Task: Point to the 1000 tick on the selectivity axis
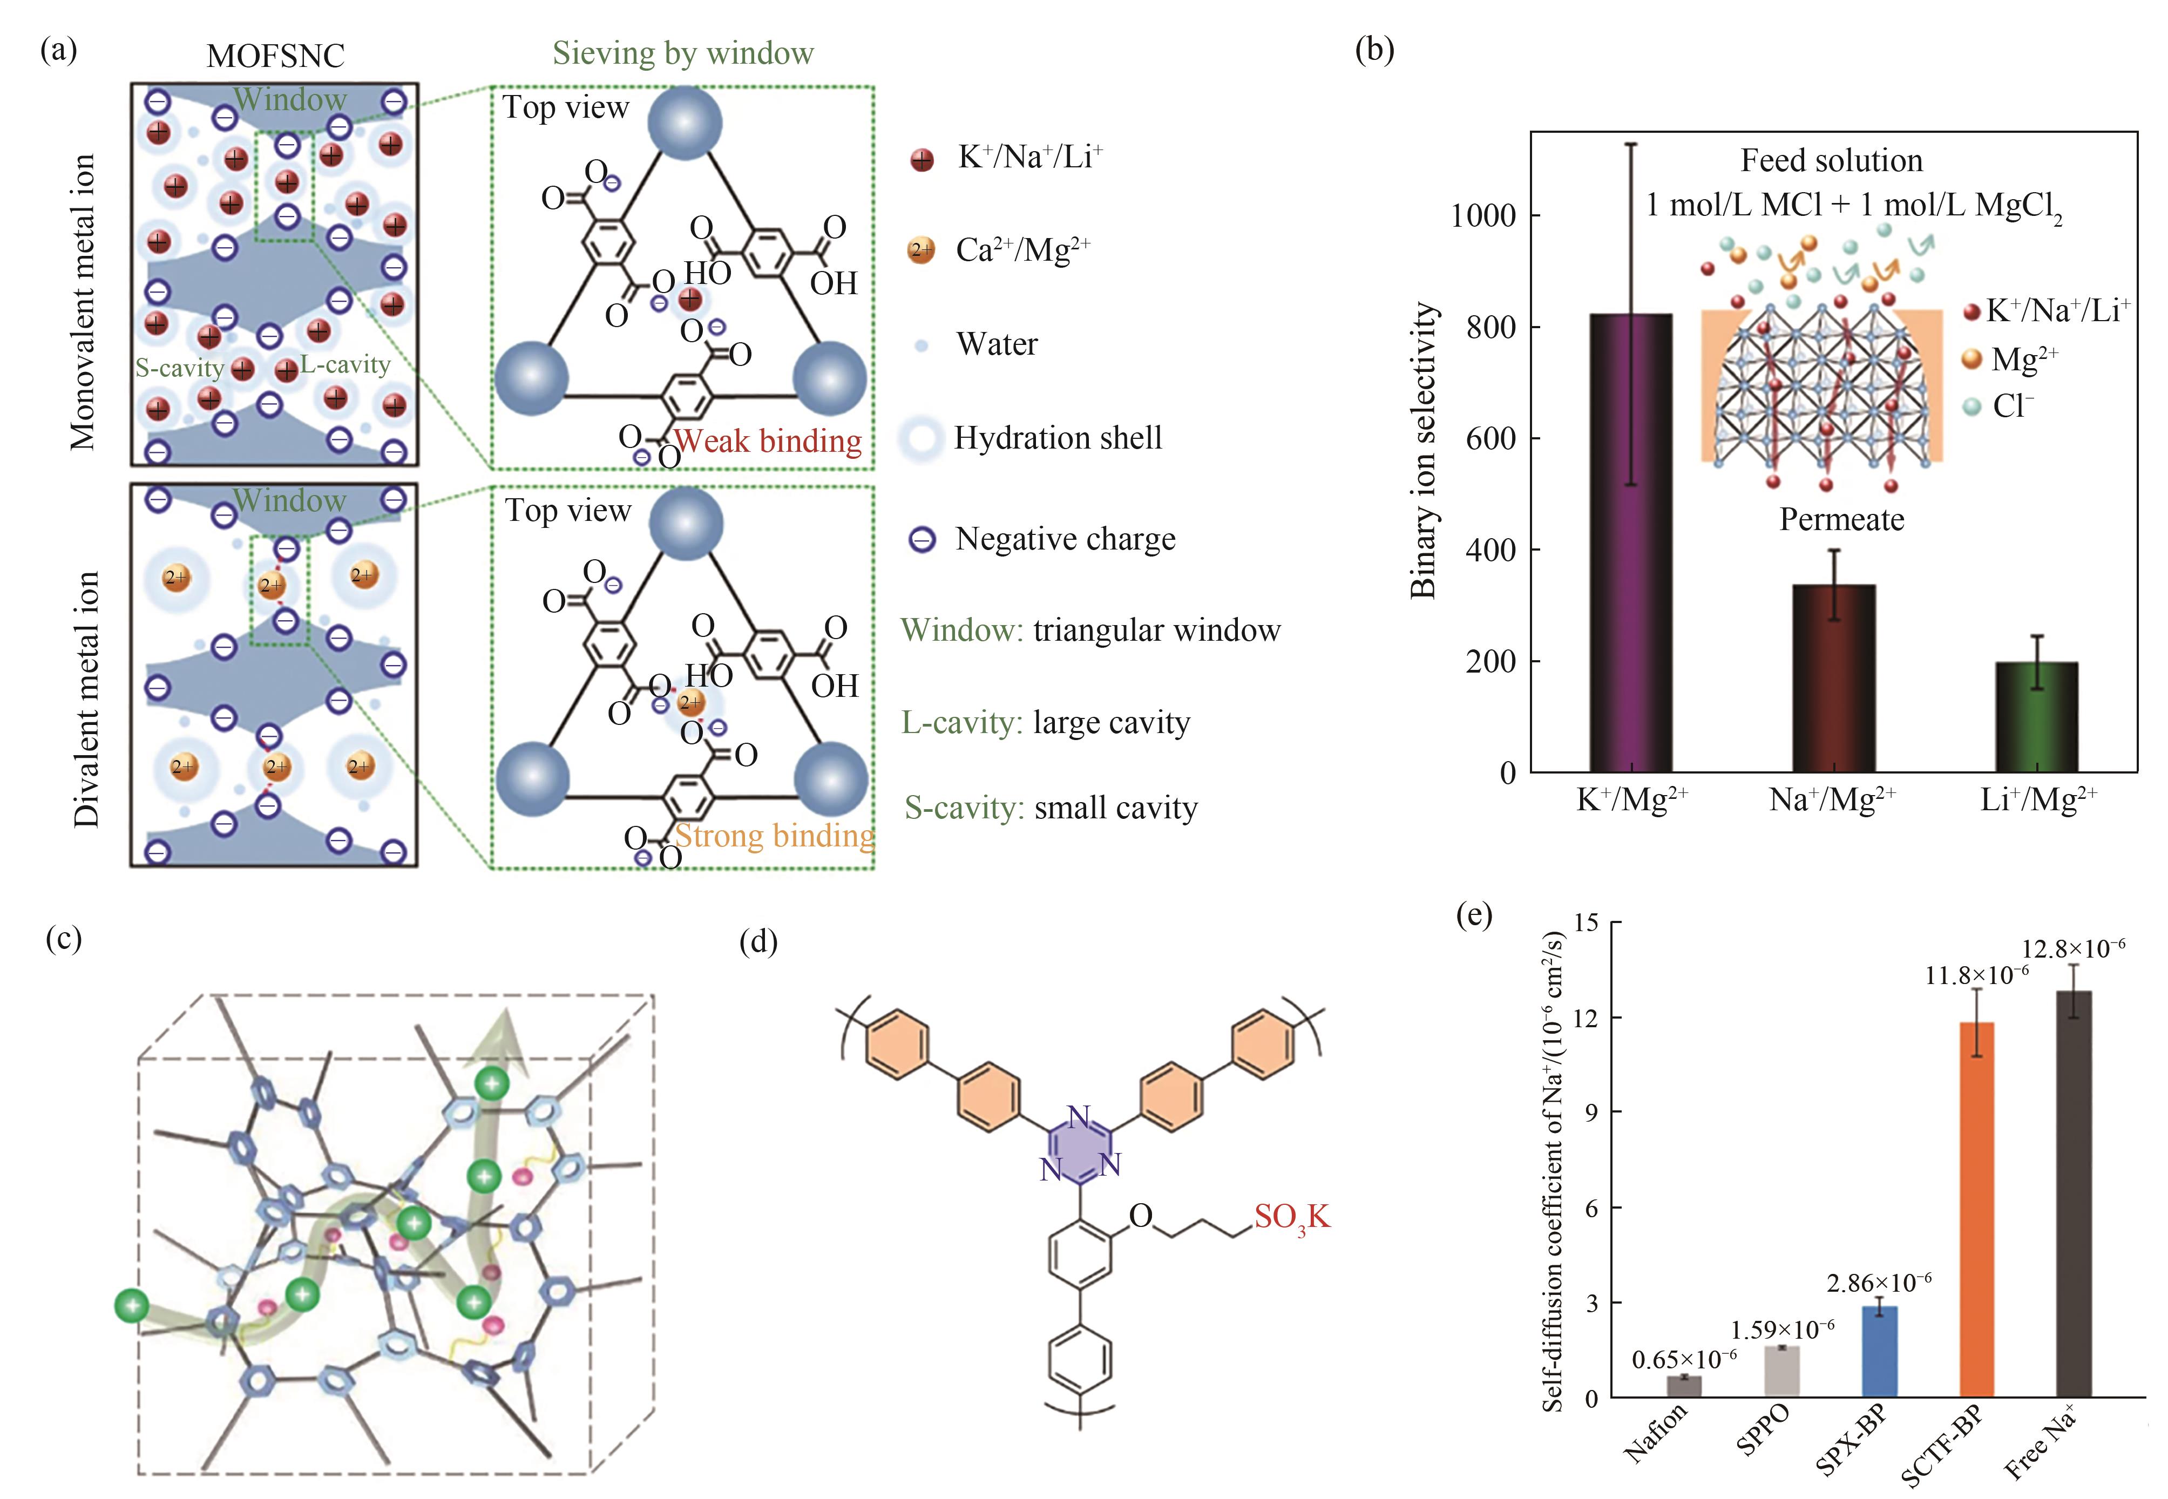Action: [1484, 216]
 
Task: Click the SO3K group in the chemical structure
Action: [1292, 1217]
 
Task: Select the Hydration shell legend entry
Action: [1058, 438]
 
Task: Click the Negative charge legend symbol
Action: [923, 540]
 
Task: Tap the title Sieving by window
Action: [683, 53]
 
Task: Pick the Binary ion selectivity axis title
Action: [1423, 451]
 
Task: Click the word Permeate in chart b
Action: [1841, 519]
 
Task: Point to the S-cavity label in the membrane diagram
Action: [179, 367]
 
